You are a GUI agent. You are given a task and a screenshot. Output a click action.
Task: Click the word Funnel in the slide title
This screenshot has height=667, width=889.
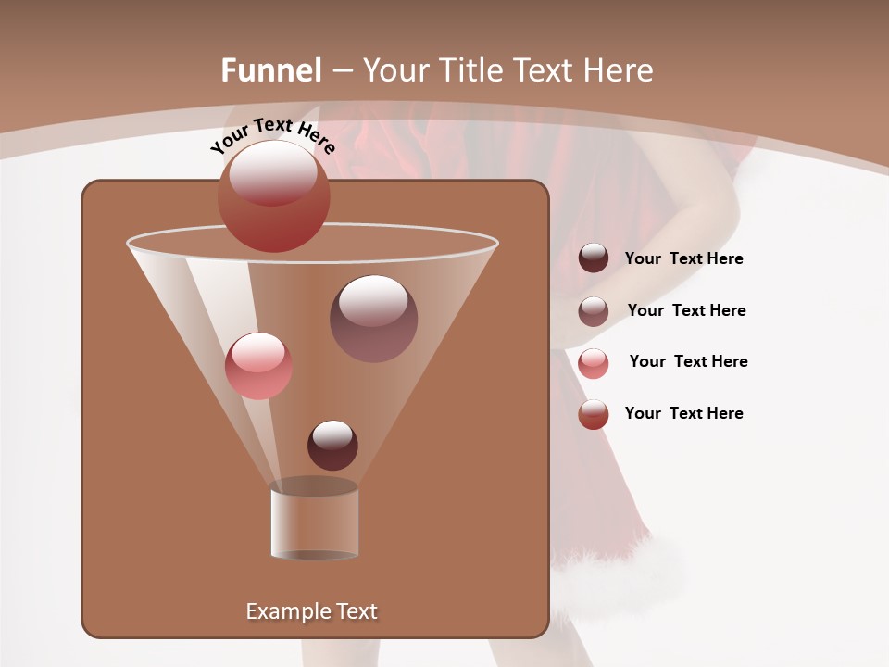[270, 70]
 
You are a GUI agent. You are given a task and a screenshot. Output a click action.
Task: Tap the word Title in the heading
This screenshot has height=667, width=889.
[469, 70]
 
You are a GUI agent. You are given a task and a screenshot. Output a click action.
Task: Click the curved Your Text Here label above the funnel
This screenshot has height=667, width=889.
[272, 134]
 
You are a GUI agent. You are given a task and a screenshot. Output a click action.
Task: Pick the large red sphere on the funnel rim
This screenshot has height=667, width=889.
[274, 196]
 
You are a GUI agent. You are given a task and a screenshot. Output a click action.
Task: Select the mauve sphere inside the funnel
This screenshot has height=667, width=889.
[373, 319]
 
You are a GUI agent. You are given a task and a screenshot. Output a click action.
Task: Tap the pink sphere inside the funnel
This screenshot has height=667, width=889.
[258, 366]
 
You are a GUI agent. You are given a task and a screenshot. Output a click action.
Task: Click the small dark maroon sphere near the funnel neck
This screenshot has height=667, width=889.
[332, 445]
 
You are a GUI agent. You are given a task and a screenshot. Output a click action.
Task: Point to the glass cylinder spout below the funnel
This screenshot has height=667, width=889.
[314, 523]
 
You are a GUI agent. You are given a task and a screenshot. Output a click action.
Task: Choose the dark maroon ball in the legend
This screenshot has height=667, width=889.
[594, 258]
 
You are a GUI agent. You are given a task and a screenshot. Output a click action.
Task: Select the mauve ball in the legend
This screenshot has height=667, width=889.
[594, 311]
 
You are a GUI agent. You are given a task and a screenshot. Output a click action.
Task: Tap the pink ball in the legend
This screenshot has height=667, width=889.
[594, 363]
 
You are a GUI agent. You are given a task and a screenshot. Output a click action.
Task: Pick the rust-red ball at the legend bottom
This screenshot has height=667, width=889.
[594, 414]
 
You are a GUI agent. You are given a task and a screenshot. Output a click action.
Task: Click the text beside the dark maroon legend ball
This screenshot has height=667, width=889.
[683, 259]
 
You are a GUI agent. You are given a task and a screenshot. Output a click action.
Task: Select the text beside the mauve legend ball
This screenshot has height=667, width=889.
[686, 311]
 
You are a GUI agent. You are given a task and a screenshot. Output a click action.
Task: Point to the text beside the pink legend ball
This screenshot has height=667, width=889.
[688, 362]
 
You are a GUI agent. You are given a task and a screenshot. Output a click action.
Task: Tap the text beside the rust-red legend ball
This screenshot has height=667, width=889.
[683, 414]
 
